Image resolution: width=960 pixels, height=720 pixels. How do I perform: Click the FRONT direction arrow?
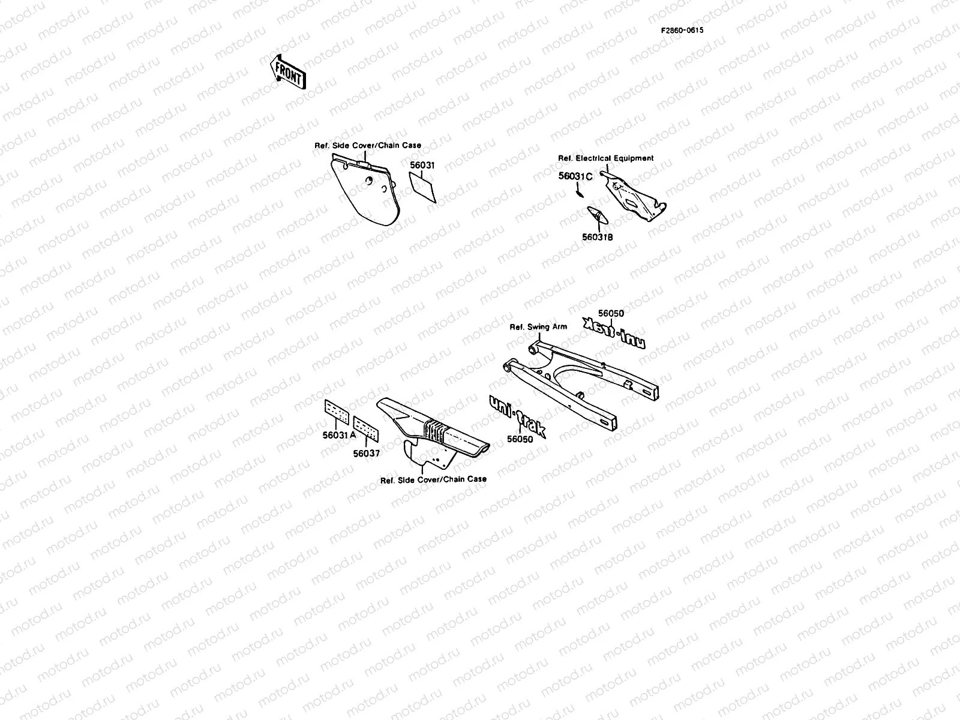(288, 72)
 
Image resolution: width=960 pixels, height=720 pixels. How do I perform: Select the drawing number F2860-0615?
(682, 30)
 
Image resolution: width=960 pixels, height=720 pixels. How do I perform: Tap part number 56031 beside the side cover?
(422, 165)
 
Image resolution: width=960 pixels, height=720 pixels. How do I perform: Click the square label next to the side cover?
(422, 187)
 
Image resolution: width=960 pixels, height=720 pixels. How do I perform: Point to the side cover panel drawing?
(365, 190)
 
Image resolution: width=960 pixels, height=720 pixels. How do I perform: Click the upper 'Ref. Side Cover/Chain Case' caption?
(368, 145)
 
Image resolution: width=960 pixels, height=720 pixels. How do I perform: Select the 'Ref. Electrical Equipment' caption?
(606, 158)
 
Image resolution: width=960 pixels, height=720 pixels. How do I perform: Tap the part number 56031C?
(575, 176)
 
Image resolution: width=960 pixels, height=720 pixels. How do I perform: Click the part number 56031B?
(597, 237)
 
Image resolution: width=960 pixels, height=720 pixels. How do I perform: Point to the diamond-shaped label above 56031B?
(598, 215)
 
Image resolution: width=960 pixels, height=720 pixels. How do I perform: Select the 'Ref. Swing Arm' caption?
(538, 326)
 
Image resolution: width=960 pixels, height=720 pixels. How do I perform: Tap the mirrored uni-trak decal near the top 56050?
(614, 332)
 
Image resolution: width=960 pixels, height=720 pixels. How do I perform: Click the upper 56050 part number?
(611, 313)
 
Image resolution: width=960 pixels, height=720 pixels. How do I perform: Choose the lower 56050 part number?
(520, 439)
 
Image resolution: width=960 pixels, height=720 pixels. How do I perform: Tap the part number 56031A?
(339, 435)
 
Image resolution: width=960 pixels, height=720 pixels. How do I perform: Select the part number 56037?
(367, 454)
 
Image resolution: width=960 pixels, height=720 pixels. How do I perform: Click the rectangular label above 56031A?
(337, 412)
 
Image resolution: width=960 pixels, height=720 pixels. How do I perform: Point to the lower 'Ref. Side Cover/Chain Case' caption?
(433, 479)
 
